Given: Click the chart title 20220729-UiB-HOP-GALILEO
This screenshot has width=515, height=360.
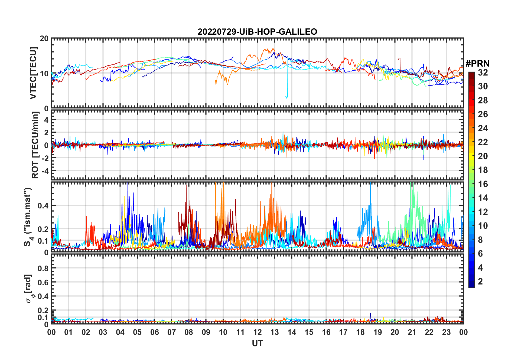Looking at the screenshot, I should [x=257, y=32].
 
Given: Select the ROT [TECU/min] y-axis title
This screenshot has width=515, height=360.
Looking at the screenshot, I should [x=35, y=145].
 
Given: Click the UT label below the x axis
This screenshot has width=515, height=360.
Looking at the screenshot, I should [x=257, y=343].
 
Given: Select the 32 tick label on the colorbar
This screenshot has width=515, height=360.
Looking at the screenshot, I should [x=483, y=73].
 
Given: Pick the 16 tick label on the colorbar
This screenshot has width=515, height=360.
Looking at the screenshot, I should [x=483, y=184].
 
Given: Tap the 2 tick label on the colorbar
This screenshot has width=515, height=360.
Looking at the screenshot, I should [x=480, y=282].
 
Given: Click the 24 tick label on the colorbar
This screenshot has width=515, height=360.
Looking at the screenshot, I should [x=483, y=128].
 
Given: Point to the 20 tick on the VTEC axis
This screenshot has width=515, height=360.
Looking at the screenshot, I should [x=44, y=39].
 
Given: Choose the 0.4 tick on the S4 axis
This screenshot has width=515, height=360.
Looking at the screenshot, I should [x=43, y=206].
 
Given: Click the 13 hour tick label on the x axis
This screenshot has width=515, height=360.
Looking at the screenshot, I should [x=275, y=332].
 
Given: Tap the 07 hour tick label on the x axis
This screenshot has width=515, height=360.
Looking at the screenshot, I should [x=172, y=332].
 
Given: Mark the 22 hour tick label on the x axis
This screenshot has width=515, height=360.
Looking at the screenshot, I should [x=429, y=332].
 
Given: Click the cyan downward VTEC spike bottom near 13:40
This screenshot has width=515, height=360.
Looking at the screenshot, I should [x=287, y=98].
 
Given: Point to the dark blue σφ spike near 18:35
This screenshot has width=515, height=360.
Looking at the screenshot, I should [x=370, y=314].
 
